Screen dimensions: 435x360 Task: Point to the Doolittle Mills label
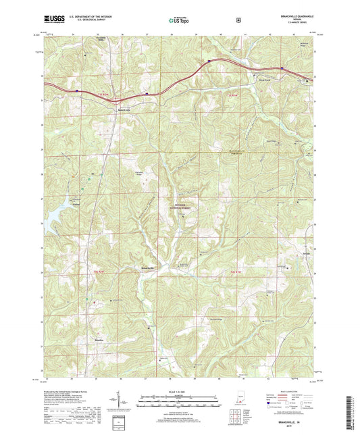click(x=83, y=56)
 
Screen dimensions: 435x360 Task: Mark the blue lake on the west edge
click(x=50, y=224)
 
